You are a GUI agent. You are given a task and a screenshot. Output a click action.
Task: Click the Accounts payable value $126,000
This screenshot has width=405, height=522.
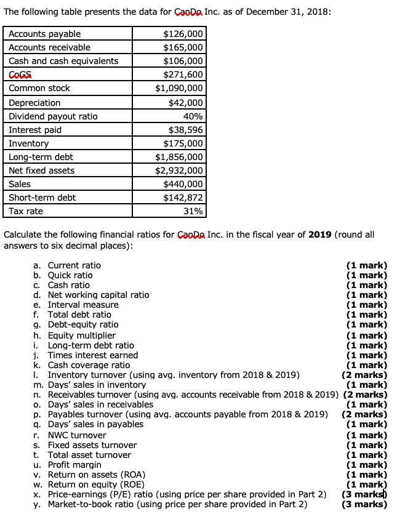[183, 34]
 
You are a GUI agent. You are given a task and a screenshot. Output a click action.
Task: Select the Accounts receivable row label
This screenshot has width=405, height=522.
[49, 47]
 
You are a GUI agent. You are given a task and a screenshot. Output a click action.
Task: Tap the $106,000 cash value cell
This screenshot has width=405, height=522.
[183, 61]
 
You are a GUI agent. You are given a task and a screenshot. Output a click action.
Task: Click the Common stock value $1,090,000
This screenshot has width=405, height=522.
[178, 88]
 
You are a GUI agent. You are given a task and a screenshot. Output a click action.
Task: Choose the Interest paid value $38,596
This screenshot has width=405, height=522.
[185, 130]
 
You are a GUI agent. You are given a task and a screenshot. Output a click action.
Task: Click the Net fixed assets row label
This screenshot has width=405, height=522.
[41, 171]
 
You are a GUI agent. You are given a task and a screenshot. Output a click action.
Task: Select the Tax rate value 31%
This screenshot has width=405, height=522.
[193, 211]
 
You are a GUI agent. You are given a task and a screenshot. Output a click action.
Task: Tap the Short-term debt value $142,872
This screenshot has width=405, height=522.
[183, 198]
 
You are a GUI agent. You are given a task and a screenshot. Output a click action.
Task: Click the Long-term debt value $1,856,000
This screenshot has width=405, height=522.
[178, 157]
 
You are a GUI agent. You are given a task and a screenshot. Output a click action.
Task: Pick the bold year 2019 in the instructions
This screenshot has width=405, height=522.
[319, 235]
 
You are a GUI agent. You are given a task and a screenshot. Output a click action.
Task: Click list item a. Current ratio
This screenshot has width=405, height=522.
[67, 265]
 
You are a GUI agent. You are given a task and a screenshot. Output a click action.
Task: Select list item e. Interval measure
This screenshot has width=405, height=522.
[76, 305]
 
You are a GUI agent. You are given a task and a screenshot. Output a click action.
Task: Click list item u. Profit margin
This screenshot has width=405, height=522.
[67, 465]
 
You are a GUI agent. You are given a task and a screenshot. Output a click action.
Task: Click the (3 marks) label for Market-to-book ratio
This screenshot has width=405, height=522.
[364, 505]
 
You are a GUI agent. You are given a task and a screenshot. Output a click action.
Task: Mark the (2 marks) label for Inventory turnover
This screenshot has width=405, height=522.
[364, 375]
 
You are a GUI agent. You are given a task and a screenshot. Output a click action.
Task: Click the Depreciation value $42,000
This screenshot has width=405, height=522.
[185, 103]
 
